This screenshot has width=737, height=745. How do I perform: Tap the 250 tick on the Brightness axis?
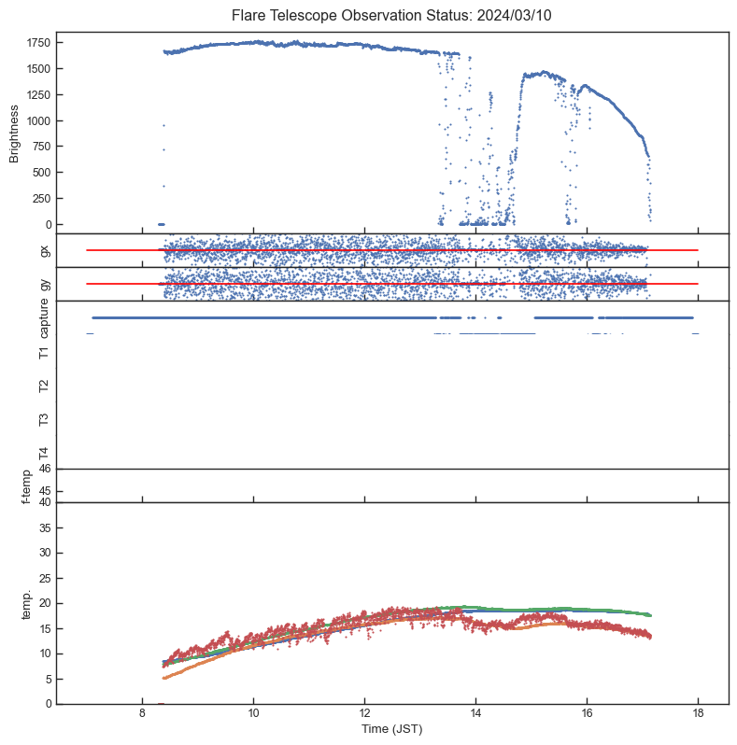pyautogui.click(x=41, y=199)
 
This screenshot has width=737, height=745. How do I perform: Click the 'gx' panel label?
pyautogui.click(x=44, y=250)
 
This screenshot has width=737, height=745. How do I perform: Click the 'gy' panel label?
pyautogui.click(x=44, y=284)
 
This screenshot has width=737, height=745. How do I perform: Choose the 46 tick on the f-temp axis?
pyautogui.click(x=44, y=469)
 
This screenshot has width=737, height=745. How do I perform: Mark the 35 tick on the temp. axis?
pyautogui.click(x=44, y=528)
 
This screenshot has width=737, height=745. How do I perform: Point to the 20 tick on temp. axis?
pyautogui.click(x=44, y=604)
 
